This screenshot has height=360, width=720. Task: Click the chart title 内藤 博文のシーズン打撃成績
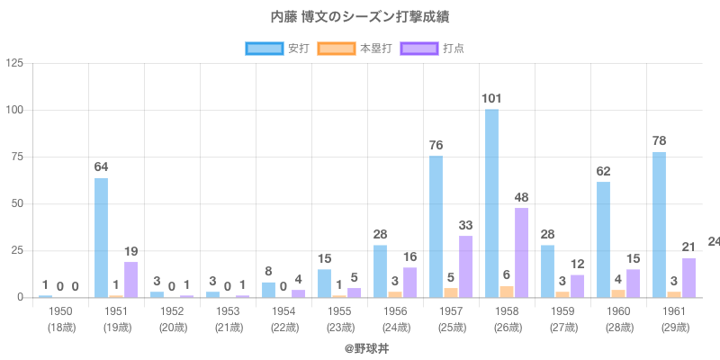coord(360,17)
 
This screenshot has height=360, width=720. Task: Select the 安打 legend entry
coord(278,48)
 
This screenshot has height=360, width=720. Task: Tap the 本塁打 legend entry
coord(355,48)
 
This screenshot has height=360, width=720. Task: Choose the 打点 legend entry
coord(433,48)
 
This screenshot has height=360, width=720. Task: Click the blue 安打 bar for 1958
coord(491,203)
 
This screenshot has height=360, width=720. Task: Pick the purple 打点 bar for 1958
coord(521,253)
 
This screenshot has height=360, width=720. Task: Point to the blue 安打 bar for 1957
coord(436,227)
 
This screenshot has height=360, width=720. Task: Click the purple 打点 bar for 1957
coord(465,266)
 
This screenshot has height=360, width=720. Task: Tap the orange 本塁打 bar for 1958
coord(507,292)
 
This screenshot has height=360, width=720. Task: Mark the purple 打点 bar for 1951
coord(130,280)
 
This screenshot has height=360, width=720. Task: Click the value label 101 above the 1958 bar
coord(491,98)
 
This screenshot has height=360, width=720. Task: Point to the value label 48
coord(522,197)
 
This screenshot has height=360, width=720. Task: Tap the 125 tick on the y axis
coord(15,63)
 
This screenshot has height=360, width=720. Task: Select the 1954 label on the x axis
coord(283,311)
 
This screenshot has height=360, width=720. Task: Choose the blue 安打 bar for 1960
coord(603,239)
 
